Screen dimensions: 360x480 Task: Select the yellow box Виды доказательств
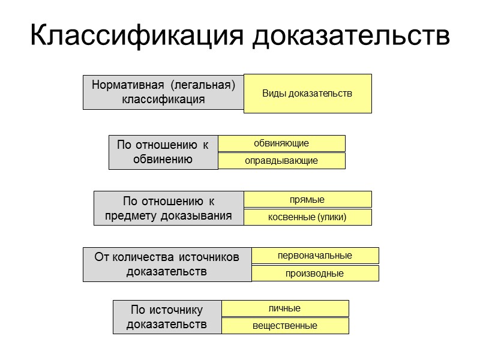307,94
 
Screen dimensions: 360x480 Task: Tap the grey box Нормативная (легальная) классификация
163,92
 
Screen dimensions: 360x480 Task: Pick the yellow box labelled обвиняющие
281,143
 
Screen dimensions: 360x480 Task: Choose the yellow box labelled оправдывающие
281,161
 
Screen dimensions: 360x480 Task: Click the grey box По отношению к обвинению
163,152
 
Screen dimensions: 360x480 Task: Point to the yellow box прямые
307,199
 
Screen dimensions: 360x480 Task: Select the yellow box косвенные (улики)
307,217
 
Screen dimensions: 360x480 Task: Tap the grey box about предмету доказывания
169,208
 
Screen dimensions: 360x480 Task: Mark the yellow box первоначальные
315,256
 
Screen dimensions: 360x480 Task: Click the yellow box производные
315,274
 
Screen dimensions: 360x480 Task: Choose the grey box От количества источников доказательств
167,265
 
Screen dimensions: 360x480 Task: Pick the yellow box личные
285,308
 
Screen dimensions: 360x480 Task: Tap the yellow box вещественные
285,326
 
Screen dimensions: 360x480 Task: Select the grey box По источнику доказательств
167,317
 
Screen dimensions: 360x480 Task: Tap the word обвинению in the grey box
163,159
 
